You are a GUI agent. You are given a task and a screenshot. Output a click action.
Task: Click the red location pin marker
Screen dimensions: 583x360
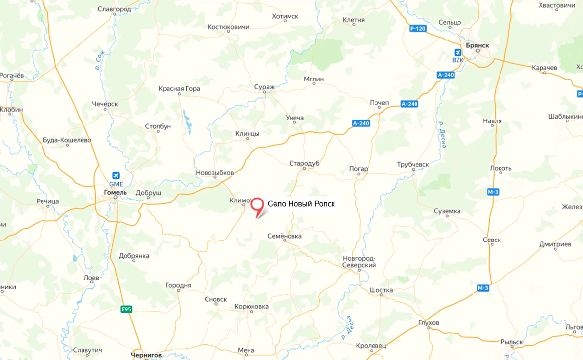pyautogui.click(x=257, y=205)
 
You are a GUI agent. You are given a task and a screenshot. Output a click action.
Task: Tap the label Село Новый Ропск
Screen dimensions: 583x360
pyautogui.click(x=301, y=204)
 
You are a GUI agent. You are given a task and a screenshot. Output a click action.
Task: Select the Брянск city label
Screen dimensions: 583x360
pyautogui.click(x=476, y=45)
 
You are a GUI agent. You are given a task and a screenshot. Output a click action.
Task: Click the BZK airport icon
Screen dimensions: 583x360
pyautogui.click(x=458, y=52)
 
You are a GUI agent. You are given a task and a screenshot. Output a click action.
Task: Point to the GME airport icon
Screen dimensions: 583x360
pyautogui.click(x=116, y=175)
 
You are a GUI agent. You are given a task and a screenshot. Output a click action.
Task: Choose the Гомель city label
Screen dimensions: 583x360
pyautogui.click(x=116, y=192)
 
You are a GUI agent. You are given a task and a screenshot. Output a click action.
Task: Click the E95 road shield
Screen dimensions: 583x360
pyautogui.click(x=126, y=309)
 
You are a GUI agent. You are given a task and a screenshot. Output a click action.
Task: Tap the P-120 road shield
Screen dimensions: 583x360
pyautogui.click(x=417, y=29)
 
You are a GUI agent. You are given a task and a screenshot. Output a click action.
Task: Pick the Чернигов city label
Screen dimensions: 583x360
pyautogui.click(x=146, y=355)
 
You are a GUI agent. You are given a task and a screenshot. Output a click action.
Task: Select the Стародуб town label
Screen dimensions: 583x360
pyautogui.click(x=304, y=163)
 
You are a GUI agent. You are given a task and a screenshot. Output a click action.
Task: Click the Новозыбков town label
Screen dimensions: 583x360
pyautogui.click(x=214, y=173)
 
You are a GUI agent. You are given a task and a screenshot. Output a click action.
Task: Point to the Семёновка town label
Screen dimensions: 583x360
pyautogui.click(x=284, y=236)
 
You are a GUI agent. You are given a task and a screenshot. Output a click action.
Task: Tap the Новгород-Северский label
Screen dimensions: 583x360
pyautogui.click(x=360, y=262)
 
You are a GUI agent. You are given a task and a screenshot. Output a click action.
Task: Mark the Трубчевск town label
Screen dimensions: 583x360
pyautogui.click(x=413, y=164)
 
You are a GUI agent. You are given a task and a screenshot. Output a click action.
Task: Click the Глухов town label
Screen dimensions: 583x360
pyautogui.click(x=428, y=323)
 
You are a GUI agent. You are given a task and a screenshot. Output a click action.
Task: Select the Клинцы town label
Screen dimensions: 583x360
pyautogui.click(x=248, y=134)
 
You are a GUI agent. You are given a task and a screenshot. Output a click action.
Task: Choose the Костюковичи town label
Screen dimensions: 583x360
pyautogui.click(x=228, y=27)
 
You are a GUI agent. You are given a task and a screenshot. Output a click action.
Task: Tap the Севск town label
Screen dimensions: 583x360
pyautogui.click(x=492, y=240)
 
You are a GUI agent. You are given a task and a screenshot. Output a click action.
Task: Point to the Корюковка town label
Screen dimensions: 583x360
pyautogui.click(x=251, y=307)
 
